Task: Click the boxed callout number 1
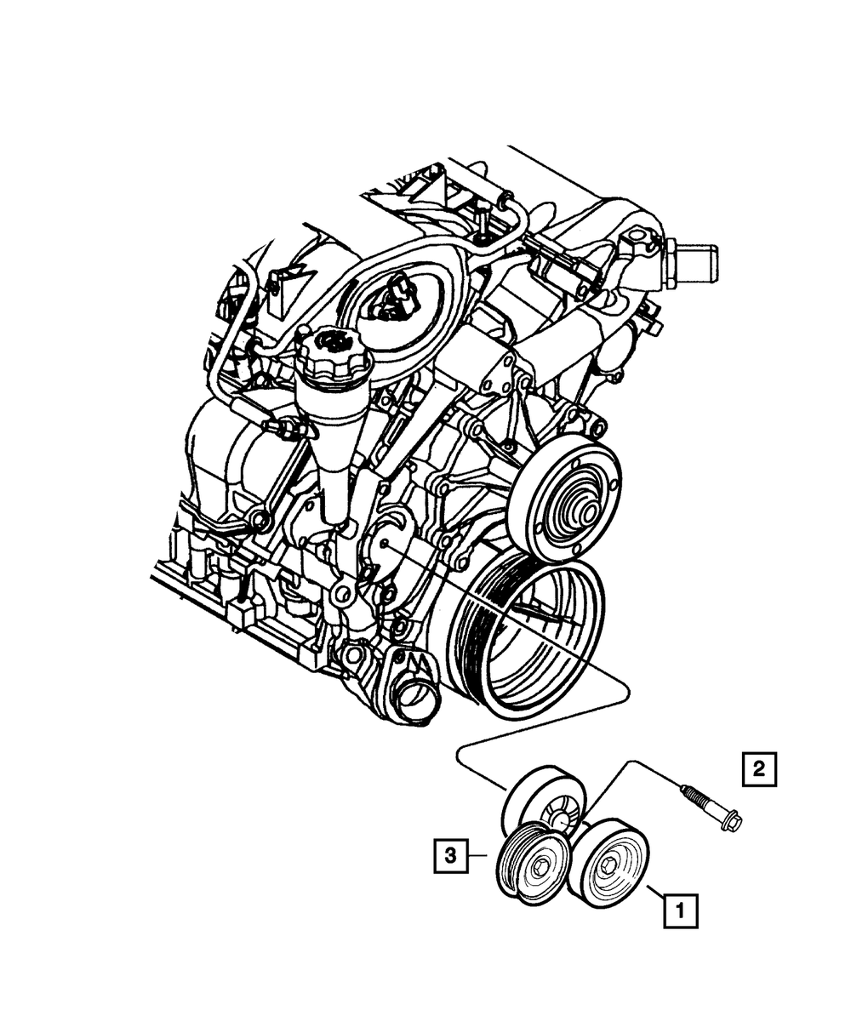[680, 911]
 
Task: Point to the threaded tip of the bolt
[685, 792]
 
